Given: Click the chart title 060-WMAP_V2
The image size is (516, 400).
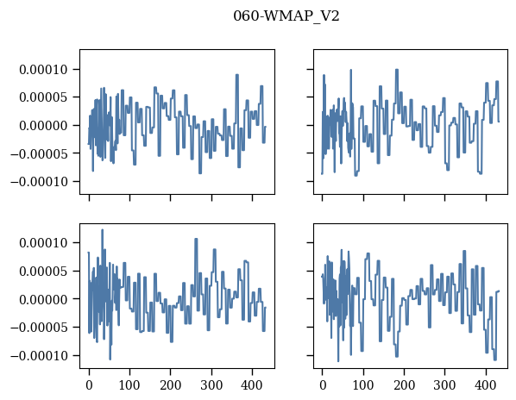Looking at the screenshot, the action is click(x=286, y=16).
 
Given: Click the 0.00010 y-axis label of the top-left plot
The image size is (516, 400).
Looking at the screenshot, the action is click(x=43, y=70).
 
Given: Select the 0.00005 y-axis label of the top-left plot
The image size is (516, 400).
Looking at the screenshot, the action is click(x=43, y=97).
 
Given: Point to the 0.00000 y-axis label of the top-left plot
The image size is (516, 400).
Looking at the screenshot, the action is click(x=43, y=126).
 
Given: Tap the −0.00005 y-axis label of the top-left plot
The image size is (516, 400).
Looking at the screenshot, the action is click(x=39, y=153).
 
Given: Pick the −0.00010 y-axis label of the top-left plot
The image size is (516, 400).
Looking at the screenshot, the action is click(x=39, y=181).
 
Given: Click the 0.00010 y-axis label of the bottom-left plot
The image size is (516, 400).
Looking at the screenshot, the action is click(x=43, y=243).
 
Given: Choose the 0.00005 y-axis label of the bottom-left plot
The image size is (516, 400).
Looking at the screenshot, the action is click(x=43, y=272).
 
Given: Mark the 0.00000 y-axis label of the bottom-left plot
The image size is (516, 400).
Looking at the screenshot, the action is click(x=43, y=299).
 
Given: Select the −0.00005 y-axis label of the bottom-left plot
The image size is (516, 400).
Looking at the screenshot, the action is click(x=39, y=328).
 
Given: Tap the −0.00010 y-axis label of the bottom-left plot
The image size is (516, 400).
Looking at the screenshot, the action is click(x=39, y=356).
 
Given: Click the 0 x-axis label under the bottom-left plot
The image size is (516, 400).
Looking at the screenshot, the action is click(x=89, y=385).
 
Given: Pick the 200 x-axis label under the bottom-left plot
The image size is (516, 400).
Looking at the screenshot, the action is click(x=171, y=385).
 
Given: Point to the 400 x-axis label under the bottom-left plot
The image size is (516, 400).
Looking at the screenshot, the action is click(x=252, y=385).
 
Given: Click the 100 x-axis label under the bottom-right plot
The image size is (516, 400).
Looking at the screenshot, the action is click(x=363, y=385).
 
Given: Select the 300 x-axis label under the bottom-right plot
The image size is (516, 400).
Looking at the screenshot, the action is click(x=445, y=385).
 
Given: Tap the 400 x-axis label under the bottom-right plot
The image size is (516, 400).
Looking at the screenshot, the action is click(x=486, y=385).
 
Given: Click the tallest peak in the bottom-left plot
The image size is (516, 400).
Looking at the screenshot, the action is click(x=102, y=230).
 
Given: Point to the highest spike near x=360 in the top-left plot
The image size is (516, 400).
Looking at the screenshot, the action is click(x=237, y=75).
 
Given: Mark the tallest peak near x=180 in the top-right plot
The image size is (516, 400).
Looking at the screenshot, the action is click(x=397, y=69).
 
